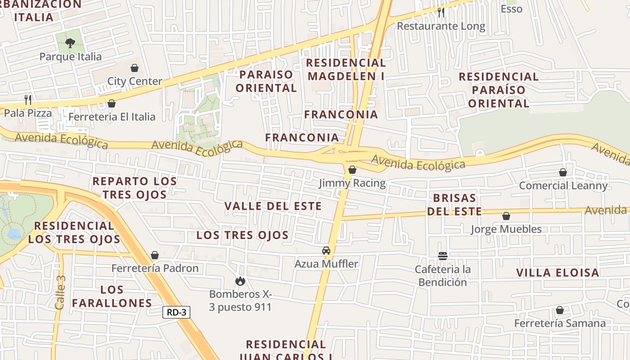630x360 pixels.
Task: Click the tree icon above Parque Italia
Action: tap(70, 43)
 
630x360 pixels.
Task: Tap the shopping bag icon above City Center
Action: tap(134, 68)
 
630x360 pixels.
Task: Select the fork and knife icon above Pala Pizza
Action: tap(28, 99)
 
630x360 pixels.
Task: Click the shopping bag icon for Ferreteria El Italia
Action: tap(112, 103)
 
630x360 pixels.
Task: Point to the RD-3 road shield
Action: tap(176, 312)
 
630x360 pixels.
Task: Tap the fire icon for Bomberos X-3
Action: tap(240, 281)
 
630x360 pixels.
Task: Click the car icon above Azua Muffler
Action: tap(326, 251)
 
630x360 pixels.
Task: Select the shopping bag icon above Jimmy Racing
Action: tap(352, 170)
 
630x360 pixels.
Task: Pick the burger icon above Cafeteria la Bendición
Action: tap(443, 256)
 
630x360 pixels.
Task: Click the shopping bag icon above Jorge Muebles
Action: tap(506, 216)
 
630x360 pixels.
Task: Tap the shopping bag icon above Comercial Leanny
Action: tap(562, 172)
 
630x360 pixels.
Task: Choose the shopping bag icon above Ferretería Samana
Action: tap(560, 310)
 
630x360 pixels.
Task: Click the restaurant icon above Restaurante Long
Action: tap(441, 13)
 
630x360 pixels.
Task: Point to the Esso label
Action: tap(511, 9)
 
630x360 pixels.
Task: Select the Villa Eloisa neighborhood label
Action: tap(558, 272)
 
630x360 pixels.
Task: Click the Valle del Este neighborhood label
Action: tap(273, 206)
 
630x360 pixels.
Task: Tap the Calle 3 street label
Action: tap(60, 292)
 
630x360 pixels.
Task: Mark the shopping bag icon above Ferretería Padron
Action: tap(155, 255)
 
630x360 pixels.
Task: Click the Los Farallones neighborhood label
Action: tap(112, 296)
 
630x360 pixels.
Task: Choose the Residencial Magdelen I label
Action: tap(346, 69)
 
